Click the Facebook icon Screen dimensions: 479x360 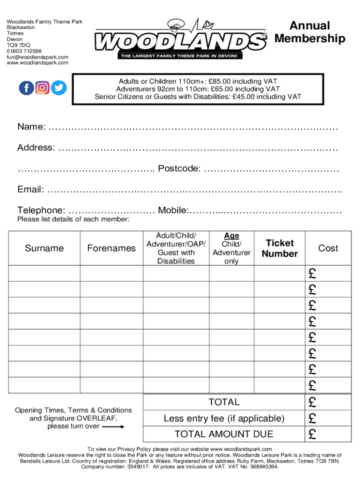click(x=26, y=87)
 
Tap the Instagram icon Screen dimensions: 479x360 click(x=43, y=87)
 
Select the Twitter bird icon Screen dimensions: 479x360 click(x=59, y=87)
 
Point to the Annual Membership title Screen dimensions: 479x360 click(x=310, y=32)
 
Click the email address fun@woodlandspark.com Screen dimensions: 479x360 click(x=37, y=57)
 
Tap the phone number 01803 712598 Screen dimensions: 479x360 click(x=24, y=51)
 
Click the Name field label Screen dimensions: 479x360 click(x=31, y=127)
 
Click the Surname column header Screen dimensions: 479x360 click(x=44, y=248)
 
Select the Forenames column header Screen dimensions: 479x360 click(x=111, y=248)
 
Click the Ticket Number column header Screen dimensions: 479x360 click(x=280, y=248)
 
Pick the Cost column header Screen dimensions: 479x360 click(x=328, y=248)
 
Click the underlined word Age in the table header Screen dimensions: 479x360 click(x=231, y=236)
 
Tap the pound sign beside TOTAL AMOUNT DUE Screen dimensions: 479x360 click(x=312, y=435)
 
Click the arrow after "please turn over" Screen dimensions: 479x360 click(x=113, y=427)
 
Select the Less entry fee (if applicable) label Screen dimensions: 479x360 click(x=224, y=418)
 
